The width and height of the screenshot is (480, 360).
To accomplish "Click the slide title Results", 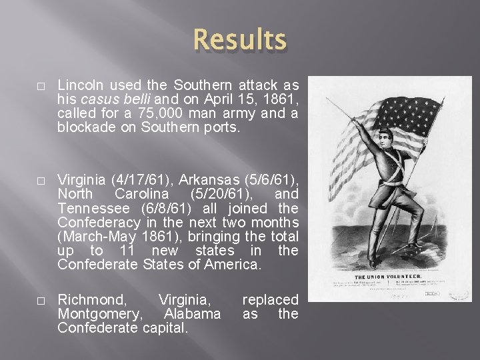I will pos(240,40).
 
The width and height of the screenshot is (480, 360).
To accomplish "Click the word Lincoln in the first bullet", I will pos(79,85).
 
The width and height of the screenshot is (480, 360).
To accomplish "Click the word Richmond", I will pos(87,300).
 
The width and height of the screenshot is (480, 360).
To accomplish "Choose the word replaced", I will pos(270,300).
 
